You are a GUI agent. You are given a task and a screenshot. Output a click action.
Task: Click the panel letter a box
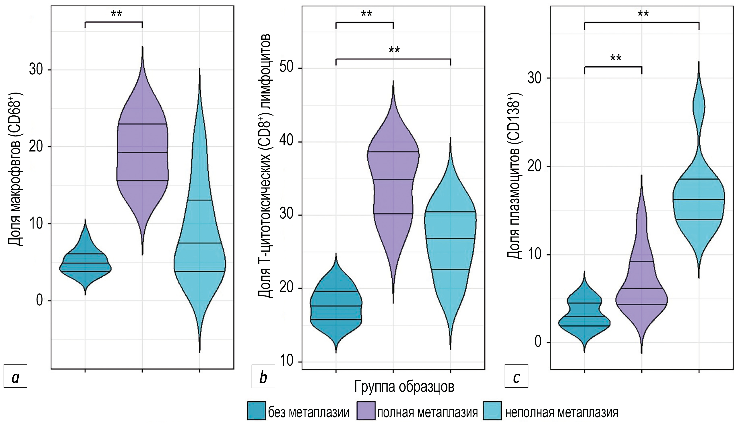[15, 376]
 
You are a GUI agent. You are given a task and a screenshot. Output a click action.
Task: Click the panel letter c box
[516, 376]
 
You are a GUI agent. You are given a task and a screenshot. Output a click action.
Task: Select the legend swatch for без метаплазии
[256, 410]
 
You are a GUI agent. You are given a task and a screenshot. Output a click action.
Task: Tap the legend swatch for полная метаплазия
[366, 410]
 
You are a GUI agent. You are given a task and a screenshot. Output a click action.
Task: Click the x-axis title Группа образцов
[404, 386]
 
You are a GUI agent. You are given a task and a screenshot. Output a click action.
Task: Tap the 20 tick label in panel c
[535, 166]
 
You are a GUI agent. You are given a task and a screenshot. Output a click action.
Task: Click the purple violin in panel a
[142, 153]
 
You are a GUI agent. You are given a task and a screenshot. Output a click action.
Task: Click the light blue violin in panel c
[699, 200]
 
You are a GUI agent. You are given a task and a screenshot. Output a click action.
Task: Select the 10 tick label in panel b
[287, 361]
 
